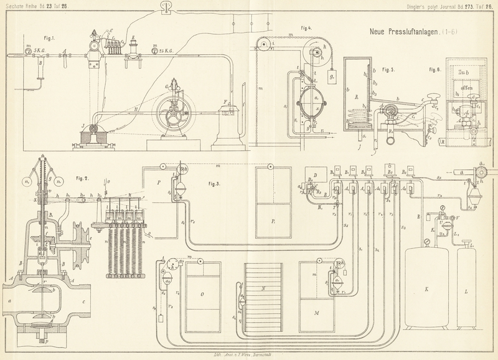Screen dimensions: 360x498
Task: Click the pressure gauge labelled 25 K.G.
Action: point(154,50)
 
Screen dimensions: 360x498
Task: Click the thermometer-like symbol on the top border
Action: point(165,7)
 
